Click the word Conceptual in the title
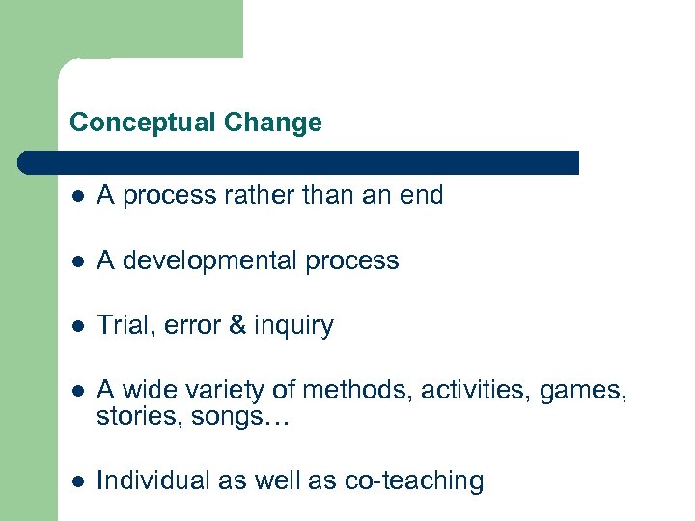pos(143,123)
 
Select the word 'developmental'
pos(206,261)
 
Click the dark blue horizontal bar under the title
pos(299,162)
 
